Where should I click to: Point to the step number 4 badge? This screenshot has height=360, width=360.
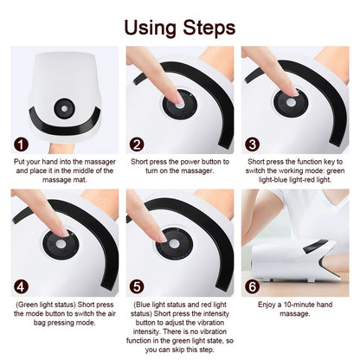20,285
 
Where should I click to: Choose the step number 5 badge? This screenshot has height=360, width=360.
137,285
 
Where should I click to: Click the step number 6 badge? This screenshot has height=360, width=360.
253,285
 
